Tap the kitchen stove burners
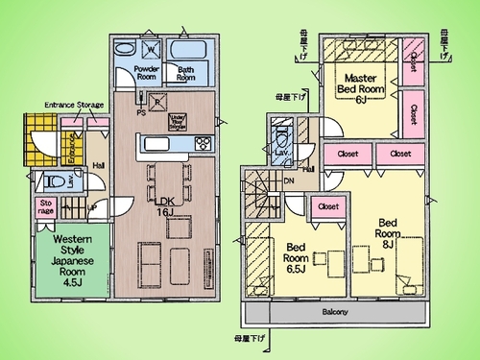(204, 145)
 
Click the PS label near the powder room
(142, 112)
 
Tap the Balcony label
(334, 312)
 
